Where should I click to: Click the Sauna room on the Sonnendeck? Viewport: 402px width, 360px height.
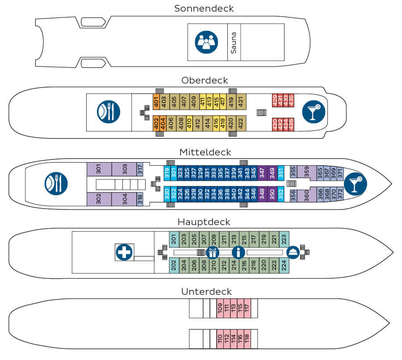coord(234,42)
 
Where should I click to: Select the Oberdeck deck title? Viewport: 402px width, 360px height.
coord(205,80)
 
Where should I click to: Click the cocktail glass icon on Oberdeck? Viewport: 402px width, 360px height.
coord(313,112)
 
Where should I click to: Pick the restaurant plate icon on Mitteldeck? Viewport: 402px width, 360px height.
coord(56,183)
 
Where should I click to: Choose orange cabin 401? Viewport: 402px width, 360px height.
coord(156,101)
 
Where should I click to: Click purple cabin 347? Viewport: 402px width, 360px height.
coord(262,172)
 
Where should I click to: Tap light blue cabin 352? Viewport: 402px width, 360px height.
coord(281,194)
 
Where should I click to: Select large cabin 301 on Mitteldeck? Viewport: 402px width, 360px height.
coord(99,169)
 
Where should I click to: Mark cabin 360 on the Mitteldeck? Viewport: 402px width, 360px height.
coord(306,196)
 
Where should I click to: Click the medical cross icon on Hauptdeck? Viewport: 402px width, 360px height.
coord(124,252)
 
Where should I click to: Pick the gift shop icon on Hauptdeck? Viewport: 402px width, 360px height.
coord(213,252)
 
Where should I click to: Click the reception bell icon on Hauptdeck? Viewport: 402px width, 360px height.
coord(293,252)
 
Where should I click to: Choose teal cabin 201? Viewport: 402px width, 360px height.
coord(173,240)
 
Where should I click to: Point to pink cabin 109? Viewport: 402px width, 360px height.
coord(220,308)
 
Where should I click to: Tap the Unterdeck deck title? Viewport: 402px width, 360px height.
coord(206,292)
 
